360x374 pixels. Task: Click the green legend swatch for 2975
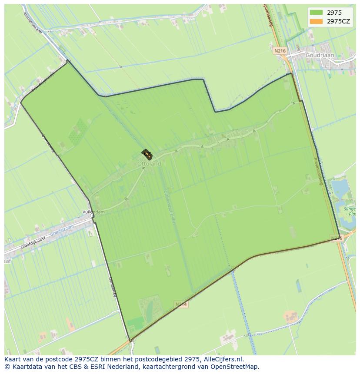[317, 13]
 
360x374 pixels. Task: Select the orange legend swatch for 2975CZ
[317, 21]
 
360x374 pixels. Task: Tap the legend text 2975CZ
[339, 21]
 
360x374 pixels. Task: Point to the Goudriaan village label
[319, 56]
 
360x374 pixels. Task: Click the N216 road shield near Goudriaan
[280, 51]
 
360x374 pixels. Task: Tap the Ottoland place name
[149, 164]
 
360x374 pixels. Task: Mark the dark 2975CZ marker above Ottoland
[147, 154]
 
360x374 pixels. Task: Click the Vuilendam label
[93, 212]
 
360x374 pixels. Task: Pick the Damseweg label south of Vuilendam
[112, 286]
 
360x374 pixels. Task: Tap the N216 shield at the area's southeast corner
[337, 238]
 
